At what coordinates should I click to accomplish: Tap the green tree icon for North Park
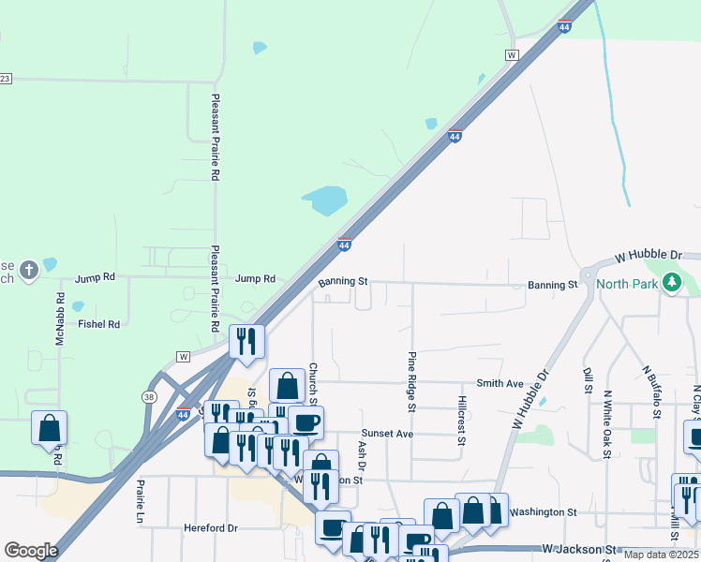click(x=671, y=281)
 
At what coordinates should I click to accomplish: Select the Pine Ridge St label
click(x=411, y=382)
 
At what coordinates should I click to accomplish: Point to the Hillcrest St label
click(x=462, y=420)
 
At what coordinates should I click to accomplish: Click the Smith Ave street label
click(x=500, y=383)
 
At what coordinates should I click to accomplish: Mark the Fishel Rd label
click(x=99, y=324)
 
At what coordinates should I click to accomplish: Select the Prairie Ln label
click(x=141, y=502)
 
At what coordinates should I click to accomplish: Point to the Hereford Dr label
click(x=211, y=528)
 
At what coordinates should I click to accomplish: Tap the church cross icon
click(x=29, y=271)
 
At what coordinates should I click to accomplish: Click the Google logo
click(x=31, y=550)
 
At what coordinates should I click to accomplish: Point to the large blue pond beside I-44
click(x=324, y=200)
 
